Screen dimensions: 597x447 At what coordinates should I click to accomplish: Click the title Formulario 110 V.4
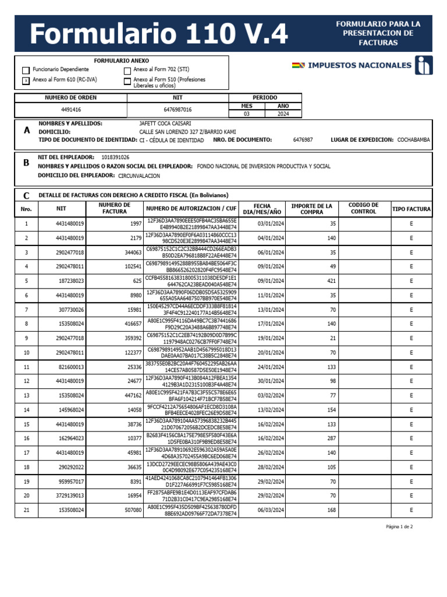[x=158, y=34]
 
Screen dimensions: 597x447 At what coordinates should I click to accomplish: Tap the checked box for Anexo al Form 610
[x=26, y=81]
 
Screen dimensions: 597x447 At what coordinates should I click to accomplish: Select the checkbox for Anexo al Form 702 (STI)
[x=127, y=71]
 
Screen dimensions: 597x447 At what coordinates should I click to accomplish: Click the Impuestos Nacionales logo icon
[x=423, y=65]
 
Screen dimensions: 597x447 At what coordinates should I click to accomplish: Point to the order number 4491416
[x=70, y=110]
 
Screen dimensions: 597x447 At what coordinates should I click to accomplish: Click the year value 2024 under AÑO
[x=283, y=114]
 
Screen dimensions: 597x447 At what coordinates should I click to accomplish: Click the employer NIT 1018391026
[x=115, y=157]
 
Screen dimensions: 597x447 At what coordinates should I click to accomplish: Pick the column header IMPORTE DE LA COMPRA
[x=311, y=209]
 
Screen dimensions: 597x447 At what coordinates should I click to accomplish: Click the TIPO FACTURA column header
[x=411, y=209]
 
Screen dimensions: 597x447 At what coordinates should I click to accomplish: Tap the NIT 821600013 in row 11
[x=70, y=367]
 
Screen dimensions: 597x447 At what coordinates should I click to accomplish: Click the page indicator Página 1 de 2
[x=399, y=526]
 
